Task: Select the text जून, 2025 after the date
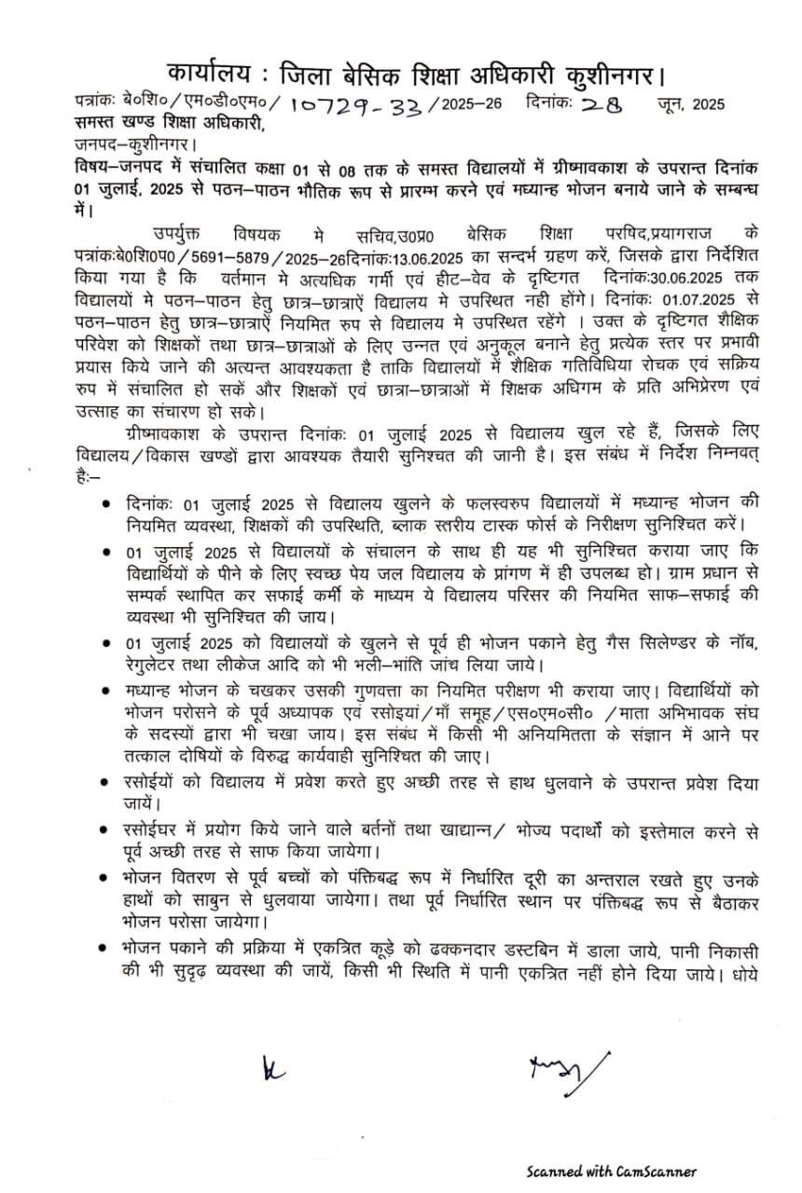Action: point(691,103)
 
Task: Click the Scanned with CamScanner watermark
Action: point(610,1172)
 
